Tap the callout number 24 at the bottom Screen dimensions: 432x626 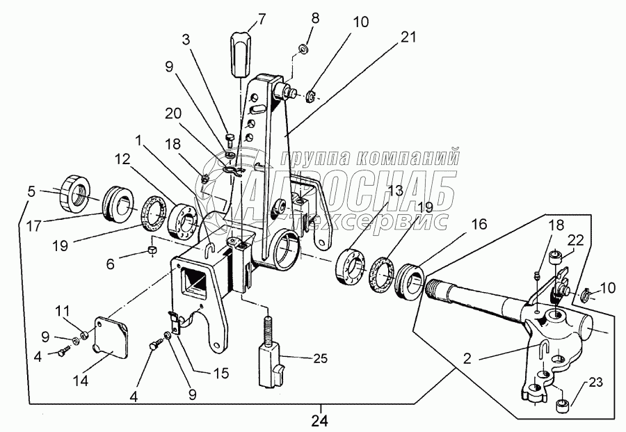(x=320, y=420)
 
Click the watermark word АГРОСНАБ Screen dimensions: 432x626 (x=348, y=189)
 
